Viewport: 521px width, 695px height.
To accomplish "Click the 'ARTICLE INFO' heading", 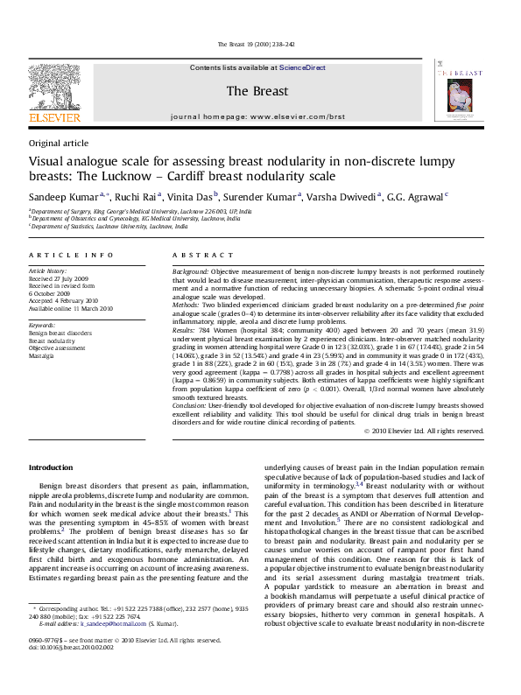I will click(x=71, y=255).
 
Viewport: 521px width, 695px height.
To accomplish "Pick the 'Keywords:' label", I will click(x=45, y=326).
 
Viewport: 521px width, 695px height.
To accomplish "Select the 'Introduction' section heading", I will click(x=51, y=467).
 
